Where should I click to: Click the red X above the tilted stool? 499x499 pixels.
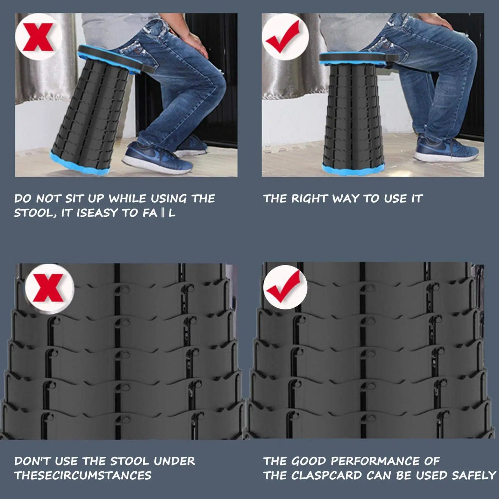tap(38, 37)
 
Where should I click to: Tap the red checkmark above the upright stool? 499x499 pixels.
tap(283, 36)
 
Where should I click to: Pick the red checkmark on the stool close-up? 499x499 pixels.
tap(284, 287)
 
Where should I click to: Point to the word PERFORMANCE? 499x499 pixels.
tap(375, 461)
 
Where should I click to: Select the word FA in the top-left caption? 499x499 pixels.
tap(150, 213)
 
